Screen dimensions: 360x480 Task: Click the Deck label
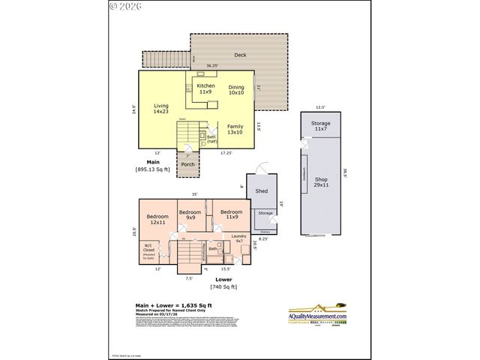[240, 54]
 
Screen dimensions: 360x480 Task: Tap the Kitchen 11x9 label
[205, 88]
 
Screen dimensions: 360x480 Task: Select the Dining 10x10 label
[236, 90]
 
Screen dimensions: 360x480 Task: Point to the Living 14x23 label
[160, 109]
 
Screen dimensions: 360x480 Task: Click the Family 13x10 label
[235, 130]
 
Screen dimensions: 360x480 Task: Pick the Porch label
[187, 164]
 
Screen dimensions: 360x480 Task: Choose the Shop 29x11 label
[321, 182]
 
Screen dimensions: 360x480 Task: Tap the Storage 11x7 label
[320, 126]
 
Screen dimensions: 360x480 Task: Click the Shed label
[262, 191]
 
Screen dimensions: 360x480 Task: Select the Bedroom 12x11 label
[157, 220]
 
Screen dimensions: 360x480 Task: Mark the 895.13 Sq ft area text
[152, 169]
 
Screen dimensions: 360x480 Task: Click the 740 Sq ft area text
[223, 286]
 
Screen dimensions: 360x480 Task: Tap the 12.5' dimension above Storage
[320, 107]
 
